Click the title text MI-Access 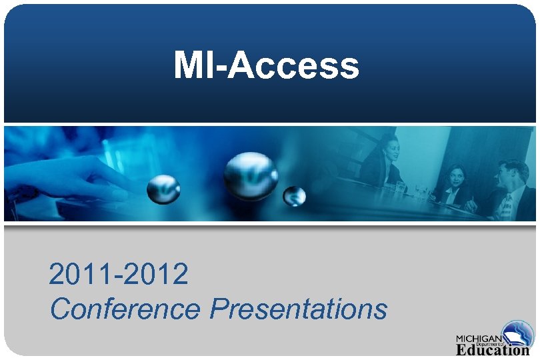pyautogui.click(x=266, y=65)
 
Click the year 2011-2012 pyautogui.click(x=118, y=274)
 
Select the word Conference pyautogui.click(x=125, y=309)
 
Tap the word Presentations pyautogui.click(x=298, y=309)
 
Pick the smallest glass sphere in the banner pyautogui.click(x=294, y=196)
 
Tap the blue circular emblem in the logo pyautogui.click(x=517, y=334)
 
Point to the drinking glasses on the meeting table pyautogui.click(x=420, y=193)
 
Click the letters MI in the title pyautogui.click(x=190, y=65)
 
